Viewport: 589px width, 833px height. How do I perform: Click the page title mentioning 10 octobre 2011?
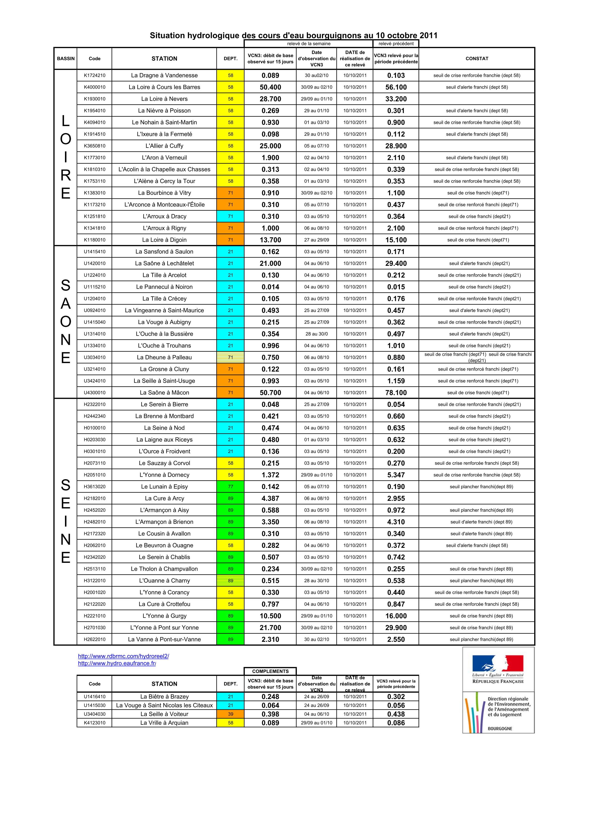click(x=294, y=36)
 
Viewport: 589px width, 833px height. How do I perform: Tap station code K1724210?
click(x=94, y=76)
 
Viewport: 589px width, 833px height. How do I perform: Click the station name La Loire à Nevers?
click(x=164, y=99)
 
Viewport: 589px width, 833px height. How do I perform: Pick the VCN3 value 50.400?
click(x=270, y=87)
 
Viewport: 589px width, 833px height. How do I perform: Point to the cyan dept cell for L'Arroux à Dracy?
click(x=230, y=217)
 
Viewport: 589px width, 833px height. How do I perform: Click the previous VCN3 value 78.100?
click(x=396, y=393)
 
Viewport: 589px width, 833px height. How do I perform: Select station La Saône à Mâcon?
click(x=164, y=393)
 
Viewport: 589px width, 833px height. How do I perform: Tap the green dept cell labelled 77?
click(x=230, y=487)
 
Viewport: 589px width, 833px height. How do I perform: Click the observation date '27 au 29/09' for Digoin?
click(x=317, y=240)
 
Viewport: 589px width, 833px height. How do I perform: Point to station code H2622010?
click(x=94, y=639)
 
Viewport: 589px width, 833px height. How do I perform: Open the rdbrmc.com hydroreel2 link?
click(x=123, y=656)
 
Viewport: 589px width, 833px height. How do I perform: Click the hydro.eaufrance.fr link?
click(x=117, y=663)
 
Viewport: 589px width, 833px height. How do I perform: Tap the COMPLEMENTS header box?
click(x=270, y=671)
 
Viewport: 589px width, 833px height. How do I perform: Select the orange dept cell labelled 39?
click(x=230, y=714)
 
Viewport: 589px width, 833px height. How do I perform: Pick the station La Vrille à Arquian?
click(x=164, y=723)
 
